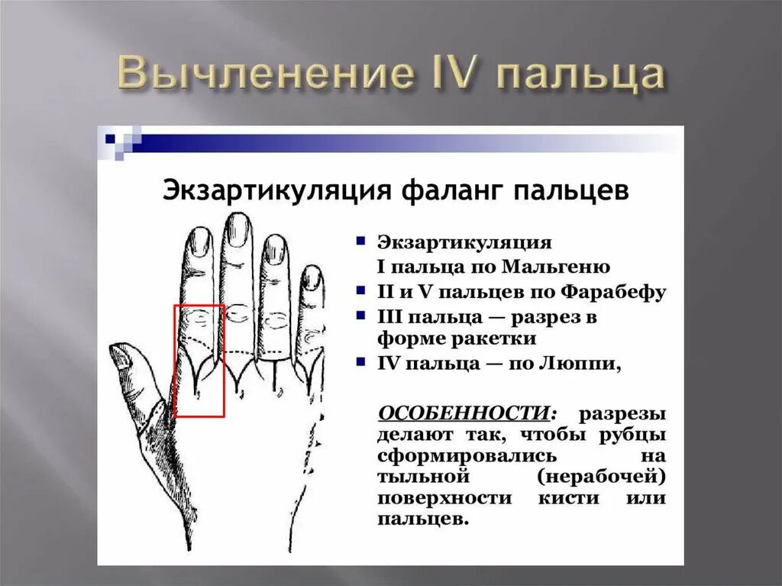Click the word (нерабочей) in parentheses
[602, 477]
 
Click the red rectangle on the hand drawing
[199, 361]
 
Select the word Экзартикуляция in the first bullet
[464, 242]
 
